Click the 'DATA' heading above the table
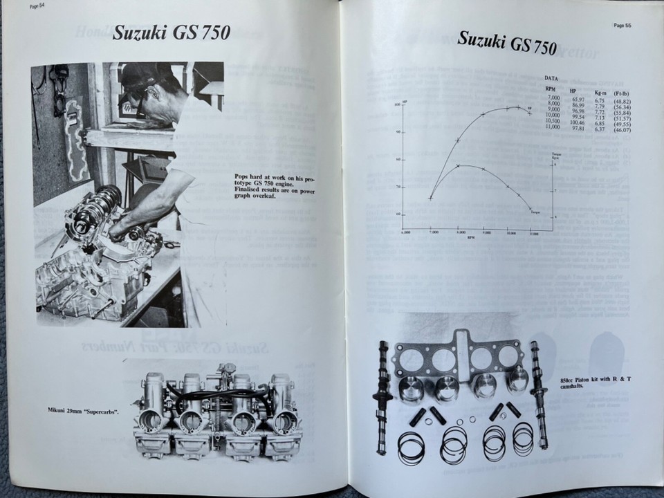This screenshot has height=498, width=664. point(552,79)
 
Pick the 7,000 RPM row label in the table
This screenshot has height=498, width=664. point(552,100)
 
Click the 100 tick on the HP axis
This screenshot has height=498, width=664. point(397,105)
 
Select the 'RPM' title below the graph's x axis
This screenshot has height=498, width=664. point(470,237)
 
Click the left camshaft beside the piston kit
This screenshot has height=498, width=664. point(381,394)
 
